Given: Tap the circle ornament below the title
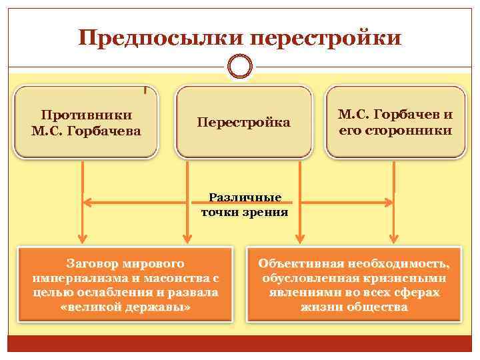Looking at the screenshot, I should coord(240,67).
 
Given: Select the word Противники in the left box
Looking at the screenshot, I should coord(87,115).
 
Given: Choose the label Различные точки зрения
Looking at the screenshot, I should coord(245,205).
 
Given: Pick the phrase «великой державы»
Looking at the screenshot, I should coord(126,307).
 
